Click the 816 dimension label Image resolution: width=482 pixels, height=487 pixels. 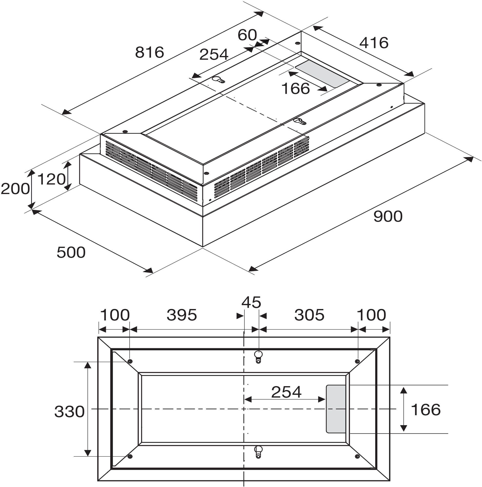tap(150, 52)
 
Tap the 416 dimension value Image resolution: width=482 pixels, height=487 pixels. tap(374, 43)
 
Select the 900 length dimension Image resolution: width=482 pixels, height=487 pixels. tap(388, 216)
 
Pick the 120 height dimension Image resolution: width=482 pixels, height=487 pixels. tap(51, 179)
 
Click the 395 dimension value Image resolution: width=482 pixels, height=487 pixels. tap(182, 315)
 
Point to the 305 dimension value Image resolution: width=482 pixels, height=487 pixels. tap(309, 315)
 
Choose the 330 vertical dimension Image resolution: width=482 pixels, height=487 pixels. tap(69, 412)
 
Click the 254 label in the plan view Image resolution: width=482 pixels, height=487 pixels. tap(286, 392)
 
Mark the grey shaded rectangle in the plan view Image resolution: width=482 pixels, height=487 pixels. tap(336, 409)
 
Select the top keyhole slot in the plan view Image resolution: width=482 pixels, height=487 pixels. tap(258, 356)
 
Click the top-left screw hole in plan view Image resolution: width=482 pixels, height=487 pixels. tap(130, 361)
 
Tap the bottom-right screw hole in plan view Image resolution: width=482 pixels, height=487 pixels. tap(357, 457)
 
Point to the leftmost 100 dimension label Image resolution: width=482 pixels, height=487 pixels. tap(115, 315)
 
